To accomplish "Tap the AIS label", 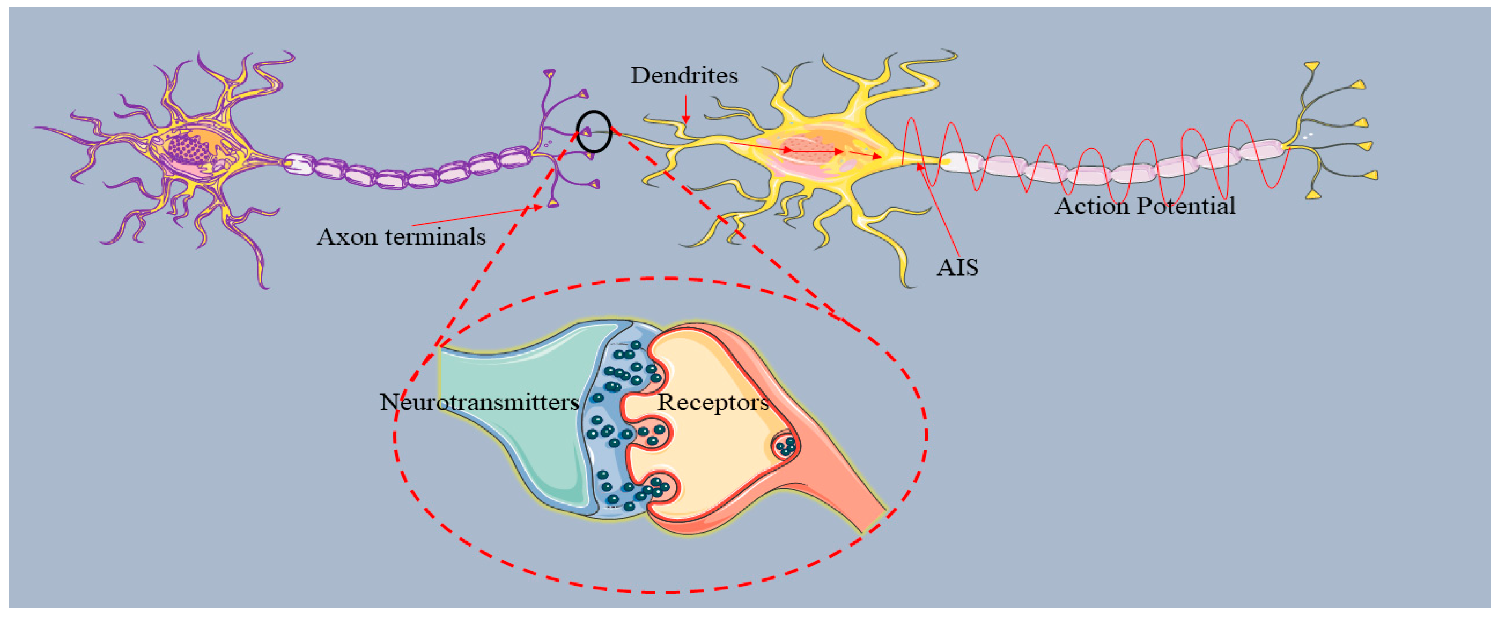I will (957, 267).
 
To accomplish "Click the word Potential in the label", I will (1186, 206).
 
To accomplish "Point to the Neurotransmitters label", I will (479, 402).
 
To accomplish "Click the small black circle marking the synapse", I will (594, 132).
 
